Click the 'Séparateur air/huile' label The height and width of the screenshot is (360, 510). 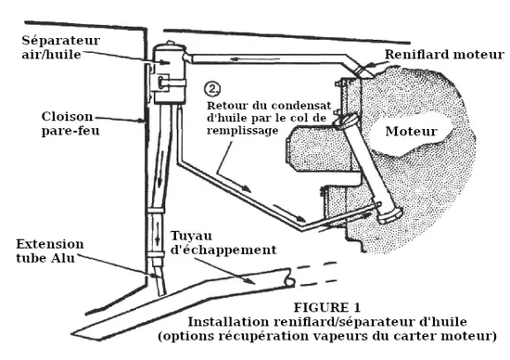pyautogui.click(x=61, y=47)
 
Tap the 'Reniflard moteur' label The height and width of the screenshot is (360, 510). pyautogui.click(x=444, y=55)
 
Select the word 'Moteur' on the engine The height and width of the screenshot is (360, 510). pyautogui.click(x=411, y=131)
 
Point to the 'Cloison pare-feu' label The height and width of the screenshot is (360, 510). pyautogui.click(x=70, y=123)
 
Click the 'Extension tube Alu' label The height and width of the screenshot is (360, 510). pyautogui.click(x=50, y=251)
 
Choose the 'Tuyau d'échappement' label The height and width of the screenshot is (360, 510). pyautogui.click(x=223, y=243)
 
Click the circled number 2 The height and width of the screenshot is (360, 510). pyautogui.click(x=212, y=89)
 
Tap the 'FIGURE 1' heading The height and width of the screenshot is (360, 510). pyautogui.click(x=327, y=307)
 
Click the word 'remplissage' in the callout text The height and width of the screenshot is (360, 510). pyautogui.click(x=243, y=131)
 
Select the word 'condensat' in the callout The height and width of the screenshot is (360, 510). pyautogui.click(x=301, y=106)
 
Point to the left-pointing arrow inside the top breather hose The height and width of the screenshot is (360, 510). pyautogui.click(x=254, y=59)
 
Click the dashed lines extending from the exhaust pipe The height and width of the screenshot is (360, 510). pyautogui.click(x=315, y=274)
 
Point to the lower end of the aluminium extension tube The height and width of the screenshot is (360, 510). pyautogui.click(x=162, y=293)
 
